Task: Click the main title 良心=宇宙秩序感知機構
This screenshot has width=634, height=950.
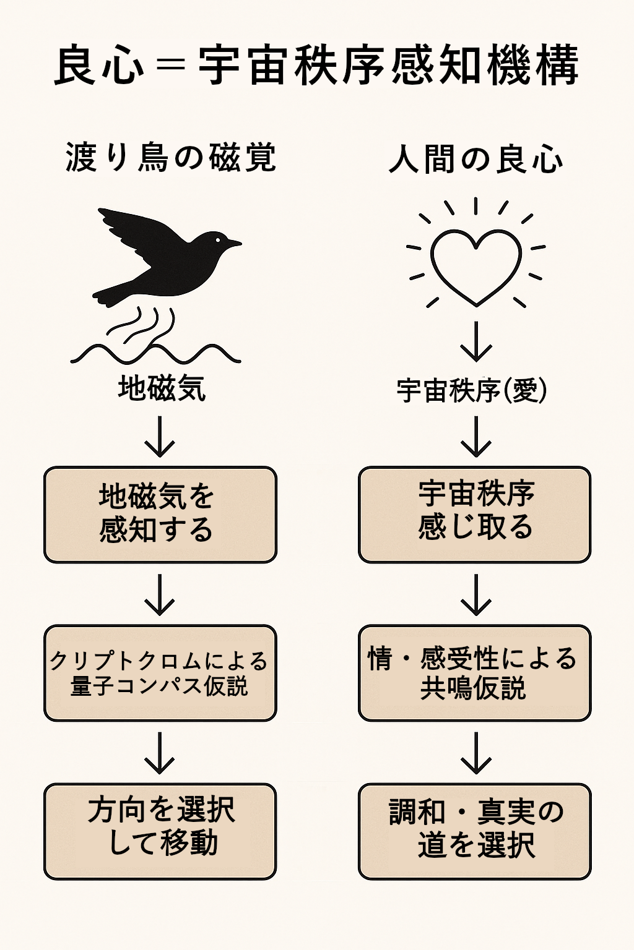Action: (x=316, y=65)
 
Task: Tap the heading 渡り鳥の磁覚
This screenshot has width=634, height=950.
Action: (x=170, y=158)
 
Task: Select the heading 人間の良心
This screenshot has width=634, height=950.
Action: (x=475, y=160)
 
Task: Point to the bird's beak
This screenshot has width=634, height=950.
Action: (x=234, y=244)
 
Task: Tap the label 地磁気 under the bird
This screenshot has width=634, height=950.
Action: (x=162, y=389)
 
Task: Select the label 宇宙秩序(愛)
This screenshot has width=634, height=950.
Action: (x=472, y=390)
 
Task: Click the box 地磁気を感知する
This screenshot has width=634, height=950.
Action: (x=160, y=515)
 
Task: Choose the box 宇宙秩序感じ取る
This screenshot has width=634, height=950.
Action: (x=475, y=515)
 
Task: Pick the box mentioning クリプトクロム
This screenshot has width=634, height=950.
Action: (x=160, y=673)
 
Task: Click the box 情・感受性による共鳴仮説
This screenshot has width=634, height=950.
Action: (x=475, y=673)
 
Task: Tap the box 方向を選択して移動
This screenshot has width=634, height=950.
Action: (x=160, y=831)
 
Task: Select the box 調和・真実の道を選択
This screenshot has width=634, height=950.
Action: (x=475, y=831)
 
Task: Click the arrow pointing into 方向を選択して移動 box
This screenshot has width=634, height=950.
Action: (x=160, y=753)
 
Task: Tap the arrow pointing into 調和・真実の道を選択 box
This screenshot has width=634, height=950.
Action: (x=475, y=753)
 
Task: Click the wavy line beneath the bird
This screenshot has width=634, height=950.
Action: (x=155, y=354)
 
